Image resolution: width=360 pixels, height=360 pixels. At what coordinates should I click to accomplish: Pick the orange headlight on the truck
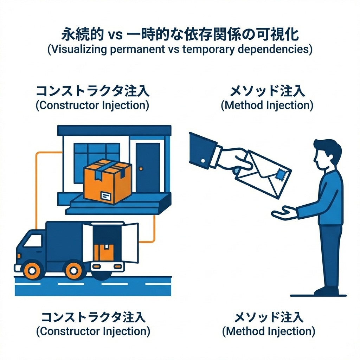[x=19, y=255]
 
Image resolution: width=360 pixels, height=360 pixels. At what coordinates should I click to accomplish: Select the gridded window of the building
[x=97, y=155]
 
